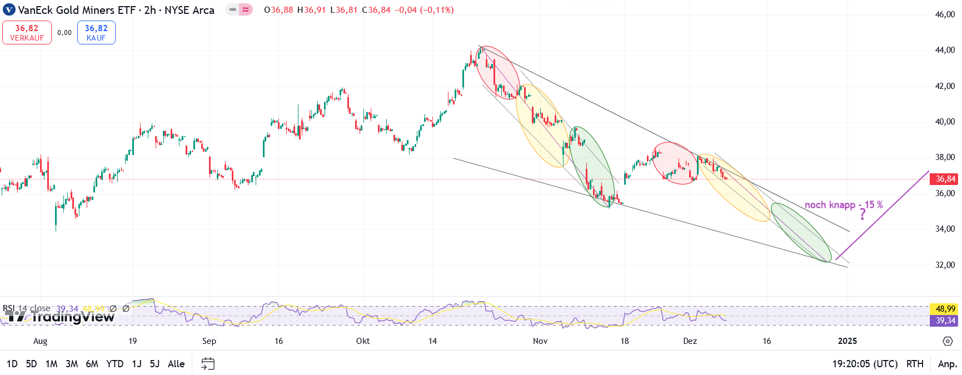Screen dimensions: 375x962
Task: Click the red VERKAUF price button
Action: pos(27,32)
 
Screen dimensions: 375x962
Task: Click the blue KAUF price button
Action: pos(96,32)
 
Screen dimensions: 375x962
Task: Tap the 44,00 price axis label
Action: pos(945,50)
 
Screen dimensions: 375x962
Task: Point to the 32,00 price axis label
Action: pos(945,265)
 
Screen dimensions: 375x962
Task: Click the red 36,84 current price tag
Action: pos(945,179)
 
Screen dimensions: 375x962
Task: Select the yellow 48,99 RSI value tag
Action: pos(945,309)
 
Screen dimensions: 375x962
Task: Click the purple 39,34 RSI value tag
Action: pos(945,321)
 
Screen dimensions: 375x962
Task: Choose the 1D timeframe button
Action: pos(12,364)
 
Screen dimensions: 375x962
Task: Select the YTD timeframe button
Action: pos(114,364)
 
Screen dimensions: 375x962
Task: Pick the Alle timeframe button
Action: pos(176,364)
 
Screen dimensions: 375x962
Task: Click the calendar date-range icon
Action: pos(208,364)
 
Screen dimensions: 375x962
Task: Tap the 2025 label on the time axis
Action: pos(848,341)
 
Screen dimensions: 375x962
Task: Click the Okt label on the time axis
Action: pos(363,341)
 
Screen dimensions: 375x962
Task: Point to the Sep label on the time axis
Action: pos(209,341)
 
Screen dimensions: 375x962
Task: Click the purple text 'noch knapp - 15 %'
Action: pos(843,205)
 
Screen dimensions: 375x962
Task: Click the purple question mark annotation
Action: pos(863,214)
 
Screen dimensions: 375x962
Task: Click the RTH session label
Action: pos(915,364)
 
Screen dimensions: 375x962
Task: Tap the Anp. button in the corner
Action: pos(947,364)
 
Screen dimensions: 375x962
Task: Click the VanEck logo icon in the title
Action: pos(9,10)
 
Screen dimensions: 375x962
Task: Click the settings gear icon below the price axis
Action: pos(948,341)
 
